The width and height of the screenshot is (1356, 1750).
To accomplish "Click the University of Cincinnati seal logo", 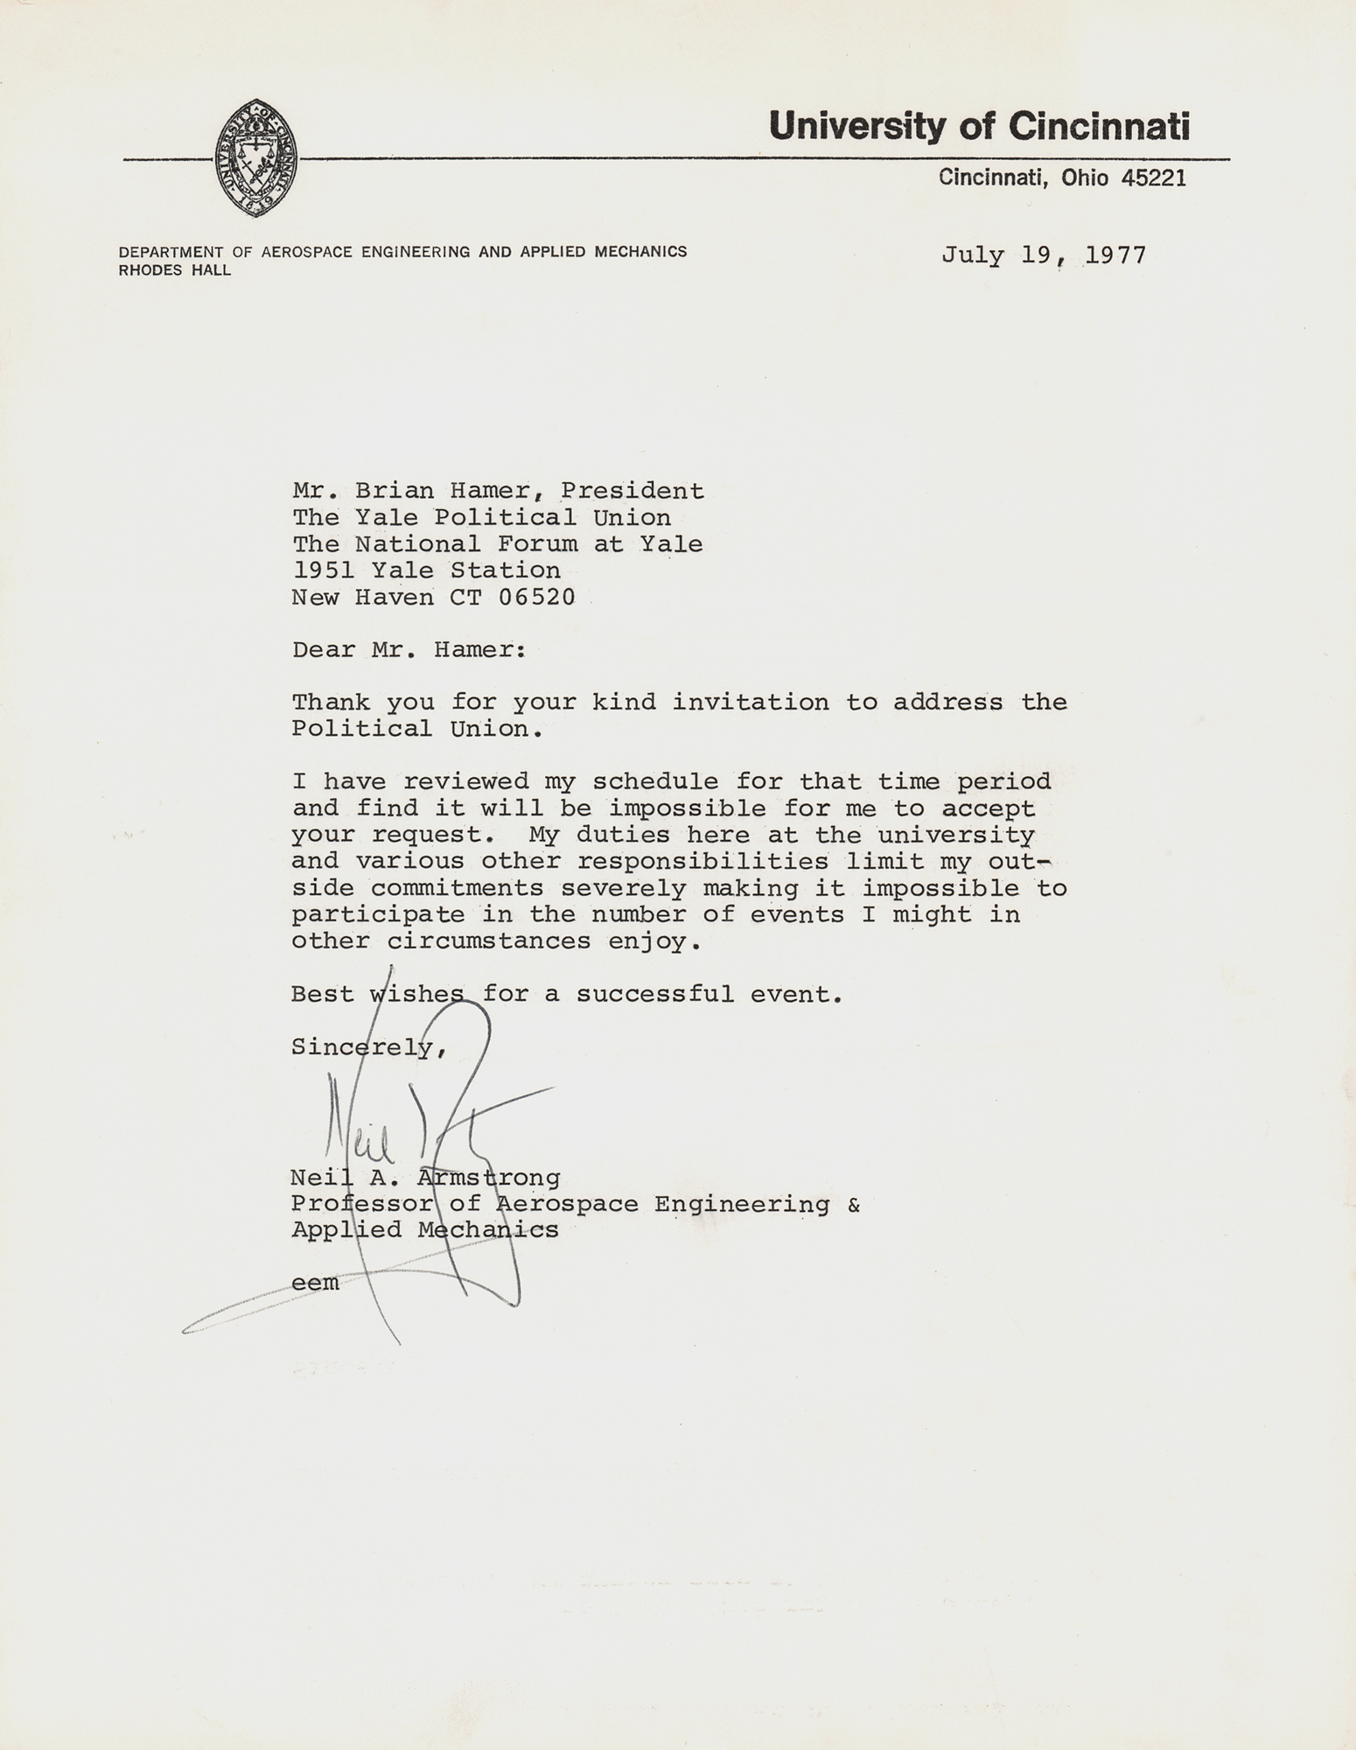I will pos(256,158).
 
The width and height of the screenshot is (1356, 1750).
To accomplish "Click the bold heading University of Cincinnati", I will pos(979,127).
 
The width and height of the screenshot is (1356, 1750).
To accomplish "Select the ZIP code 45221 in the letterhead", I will pos(1154,178).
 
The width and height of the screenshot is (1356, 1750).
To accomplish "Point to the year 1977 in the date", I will pos(1115,255).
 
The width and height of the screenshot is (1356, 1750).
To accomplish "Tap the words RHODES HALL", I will pos(175,270).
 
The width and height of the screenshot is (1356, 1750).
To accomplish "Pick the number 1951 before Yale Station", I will pos(323,570).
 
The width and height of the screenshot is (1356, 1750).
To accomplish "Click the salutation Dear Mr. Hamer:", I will pos(409,650).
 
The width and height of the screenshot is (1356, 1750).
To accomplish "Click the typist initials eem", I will pos(315,1284).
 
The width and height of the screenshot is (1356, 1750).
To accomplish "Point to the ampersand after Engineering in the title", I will pos(854,1205).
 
